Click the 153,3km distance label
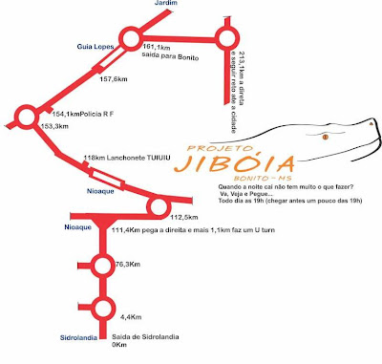(x=54, y=126)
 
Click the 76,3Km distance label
(x=128, y=266)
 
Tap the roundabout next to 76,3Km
(x=100, y=265)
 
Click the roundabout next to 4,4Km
(x=101, y=308)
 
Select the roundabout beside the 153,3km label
(x=26, y=118)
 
